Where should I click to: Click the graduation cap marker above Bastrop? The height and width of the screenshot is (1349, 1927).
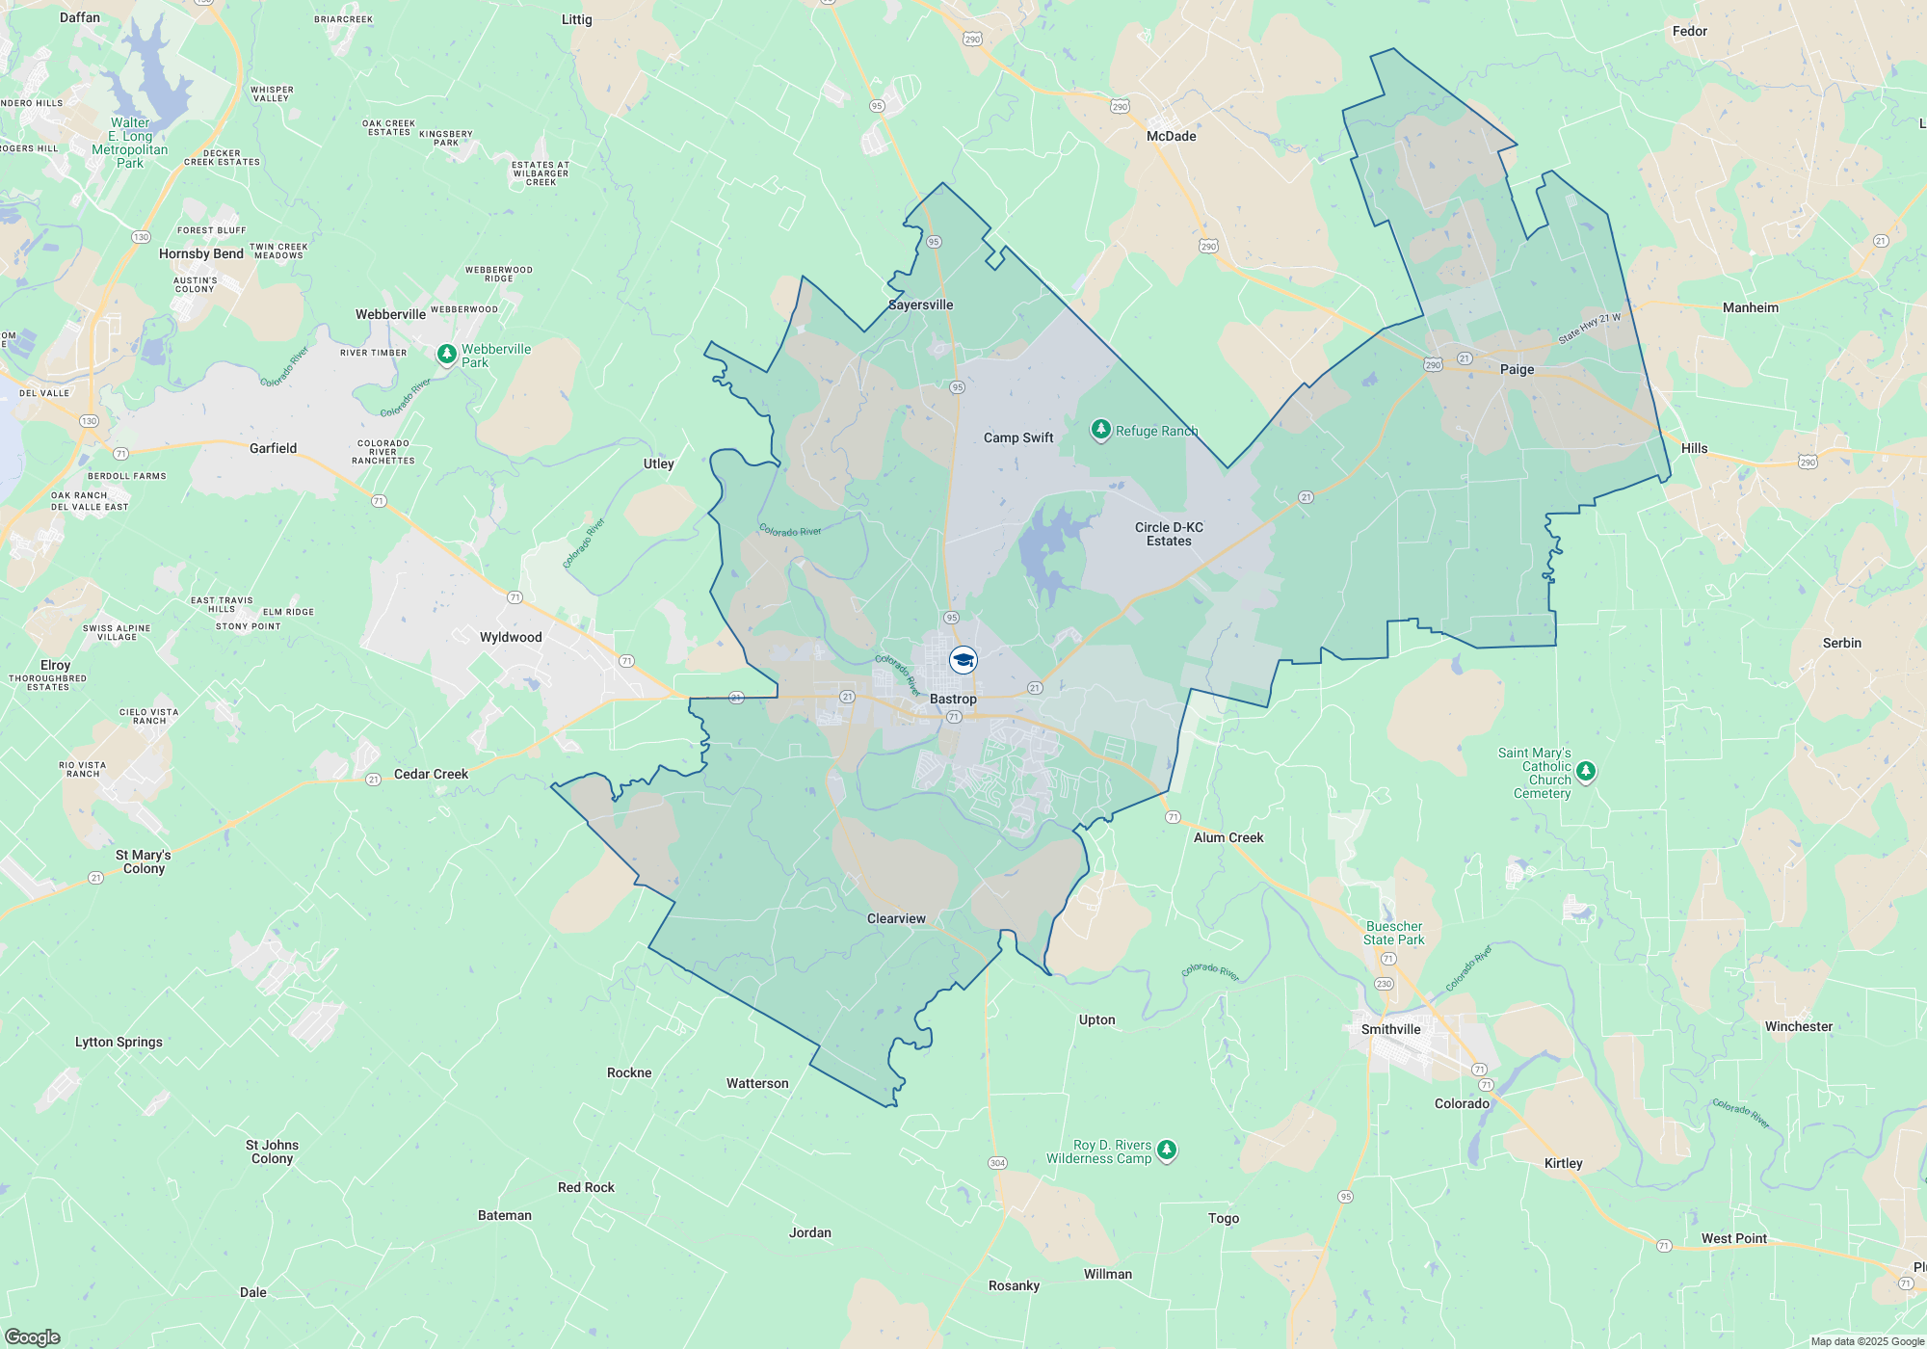pyautogui.click(x=963, y=660)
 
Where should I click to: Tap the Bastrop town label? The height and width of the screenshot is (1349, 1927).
pyautogui.click(x=953, y=699)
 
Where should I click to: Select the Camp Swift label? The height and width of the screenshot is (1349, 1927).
pyautogui.click(x=1018, y=437)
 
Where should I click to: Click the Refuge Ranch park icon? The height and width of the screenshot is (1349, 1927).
pyautogui.click(x=1100, y=430)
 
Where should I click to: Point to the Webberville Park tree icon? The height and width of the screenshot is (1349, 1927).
pyautogui.click(x=446, y=355)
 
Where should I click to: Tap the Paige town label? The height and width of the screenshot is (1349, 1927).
pyautogui.click(x=1517, y=369)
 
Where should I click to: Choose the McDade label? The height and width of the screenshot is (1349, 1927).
pyautogui.click(x=1171, y=136)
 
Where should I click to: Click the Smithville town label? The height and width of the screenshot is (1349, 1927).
pyautogui.click(x=1390, y=1029)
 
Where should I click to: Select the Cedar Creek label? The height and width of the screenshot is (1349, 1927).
pyautogui.click(x=431, y=774)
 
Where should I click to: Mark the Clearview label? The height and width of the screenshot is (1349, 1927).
pyautogui.click(x=896, y=918)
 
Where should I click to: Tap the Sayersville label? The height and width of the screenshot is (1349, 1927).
pyautogui.click(x=920, y=304)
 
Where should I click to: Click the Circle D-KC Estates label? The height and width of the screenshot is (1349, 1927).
pyautogui.click(x=1169, y=534)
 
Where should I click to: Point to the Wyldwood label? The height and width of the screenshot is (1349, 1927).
pyautogui.click(x=511, y=637)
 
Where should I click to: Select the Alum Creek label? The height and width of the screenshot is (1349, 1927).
pyautogui.click(x=1228, y=837)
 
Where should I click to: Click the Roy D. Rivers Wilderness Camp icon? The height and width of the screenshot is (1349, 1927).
pyautogui.click(x=1167, y=1150)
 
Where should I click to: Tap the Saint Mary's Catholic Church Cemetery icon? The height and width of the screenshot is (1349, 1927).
pyautogui.click(x=1586, y=771)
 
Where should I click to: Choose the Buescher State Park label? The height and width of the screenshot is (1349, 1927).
pyautogui.click(x=1393, y=933)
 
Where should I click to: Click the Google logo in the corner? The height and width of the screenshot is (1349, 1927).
pyautogui.click(x=32, y=1336)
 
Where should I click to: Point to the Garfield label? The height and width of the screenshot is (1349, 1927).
pyautogui.click(x=273, y=448)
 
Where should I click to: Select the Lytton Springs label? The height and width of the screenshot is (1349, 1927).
pyautogui.click(x=119, y=1042)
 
